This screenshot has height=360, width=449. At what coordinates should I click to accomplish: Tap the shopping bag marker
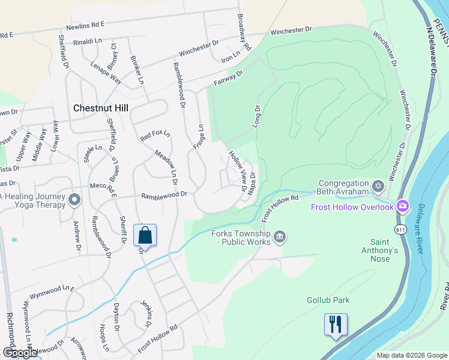[x=145, y=235]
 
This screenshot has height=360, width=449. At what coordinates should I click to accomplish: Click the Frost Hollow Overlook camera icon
[x=402, y=206]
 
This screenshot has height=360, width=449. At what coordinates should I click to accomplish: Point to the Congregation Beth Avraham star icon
[x=378, y=185]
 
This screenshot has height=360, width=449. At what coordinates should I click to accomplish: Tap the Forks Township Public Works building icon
[x=279, y=238]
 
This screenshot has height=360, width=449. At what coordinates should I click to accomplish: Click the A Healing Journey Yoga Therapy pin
[x=74, y=200]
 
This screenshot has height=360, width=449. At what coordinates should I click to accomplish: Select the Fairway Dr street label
[x=229, y=78]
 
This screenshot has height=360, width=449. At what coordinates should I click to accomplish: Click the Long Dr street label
[x=257, y=116]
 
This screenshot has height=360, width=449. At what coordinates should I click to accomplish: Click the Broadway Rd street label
[x=243, y=33]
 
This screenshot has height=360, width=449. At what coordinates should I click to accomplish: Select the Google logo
[x=20, y=352]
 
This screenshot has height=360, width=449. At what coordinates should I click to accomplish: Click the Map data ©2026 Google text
[x=412, y=355]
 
